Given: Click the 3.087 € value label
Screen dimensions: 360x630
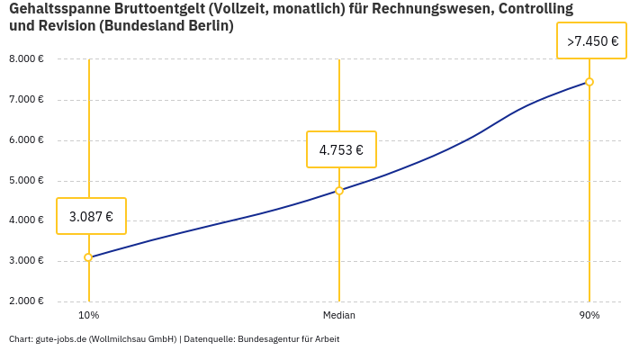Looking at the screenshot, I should coord(91,216).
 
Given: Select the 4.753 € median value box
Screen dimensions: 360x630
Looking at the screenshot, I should coord(341,149).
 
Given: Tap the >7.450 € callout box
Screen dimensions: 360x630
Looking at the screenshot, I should coord(592,41).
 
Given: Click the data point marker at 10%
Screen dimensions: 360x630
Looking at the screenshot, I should coord(88,257).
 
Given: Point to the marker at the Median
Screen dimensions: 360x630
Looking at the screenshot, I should coord(339,191).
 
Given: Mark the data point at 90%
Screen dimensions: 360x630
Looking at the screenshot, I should coord(589,82).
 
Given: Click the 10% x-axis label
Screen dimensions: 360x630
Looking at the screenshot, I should coord(88,315).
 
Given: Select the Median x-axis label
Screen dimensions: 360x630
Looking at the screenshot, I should coord(339,315).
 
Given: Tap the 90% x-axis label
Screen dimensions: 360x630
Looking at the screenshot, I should coord(589,315).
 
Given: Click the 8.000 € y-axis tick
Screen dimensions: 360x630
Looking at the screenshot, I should coord(26,59).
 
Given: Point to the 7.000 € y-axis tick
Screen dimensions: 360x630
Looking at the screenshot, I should coord(26,100).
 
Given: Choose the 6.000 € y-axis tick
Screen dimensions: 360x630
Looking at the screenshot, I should coord(26,140).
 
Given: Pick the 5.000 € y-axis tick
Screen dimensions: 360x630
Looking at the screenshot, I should coord(26,180).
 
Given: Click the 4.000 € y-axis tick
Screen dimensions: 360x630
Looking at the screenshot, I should coord(26,220).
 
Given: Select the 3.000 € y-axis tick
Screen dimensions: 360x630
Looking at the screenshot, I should coord(26,261).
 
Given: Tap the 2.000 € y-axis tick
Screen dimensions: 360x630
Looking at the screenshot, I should coord(26,301).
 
